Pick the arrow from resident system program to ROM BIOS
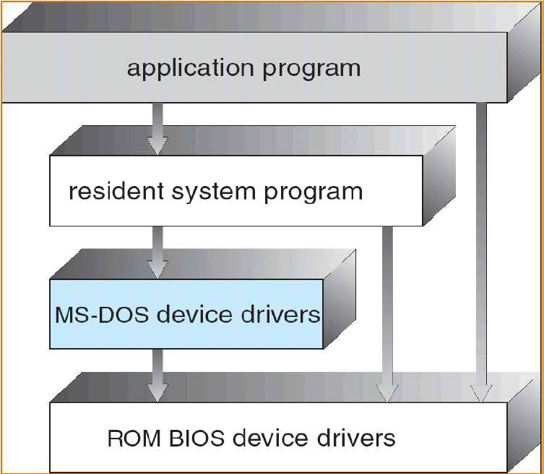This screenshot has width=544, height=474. tap(387, 311)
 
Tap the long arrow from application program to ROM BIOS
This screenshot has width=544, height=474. tap(481, 246)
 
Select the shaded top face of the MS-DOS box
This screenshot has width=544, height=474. tap(202, 264)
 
